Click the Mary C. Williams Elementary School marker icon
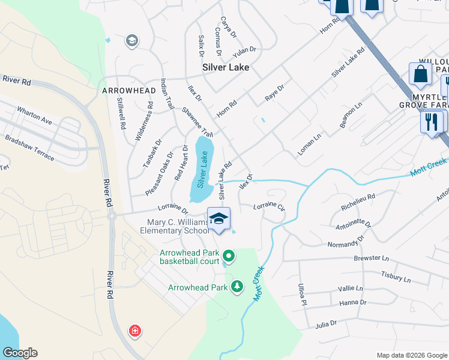[219, 219]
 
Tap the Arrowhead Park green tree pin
[238, 287]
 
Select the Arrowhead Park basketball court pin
[229, 256]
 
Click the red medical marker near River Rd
[135, 331]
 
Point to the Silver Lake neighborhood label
[226, 68]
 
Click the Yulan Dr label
[245, 51]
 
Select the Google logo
[20, 353]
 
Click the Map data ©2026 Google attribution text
[411, 355]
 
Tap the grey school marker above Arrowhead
[131, 41]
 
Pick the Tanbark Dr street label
[152, 151]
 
